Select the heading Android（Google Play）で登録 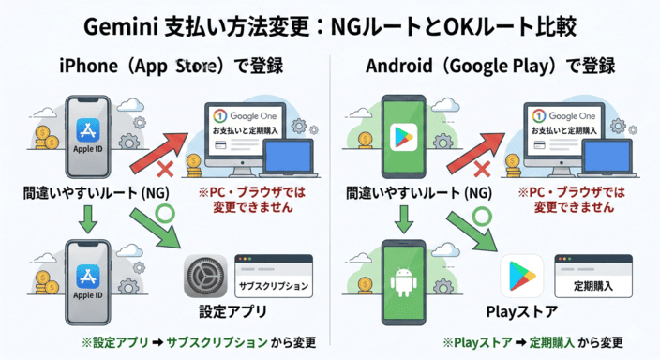[492, 67]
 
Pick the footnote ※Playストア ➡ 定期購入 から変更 [532, 342]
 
